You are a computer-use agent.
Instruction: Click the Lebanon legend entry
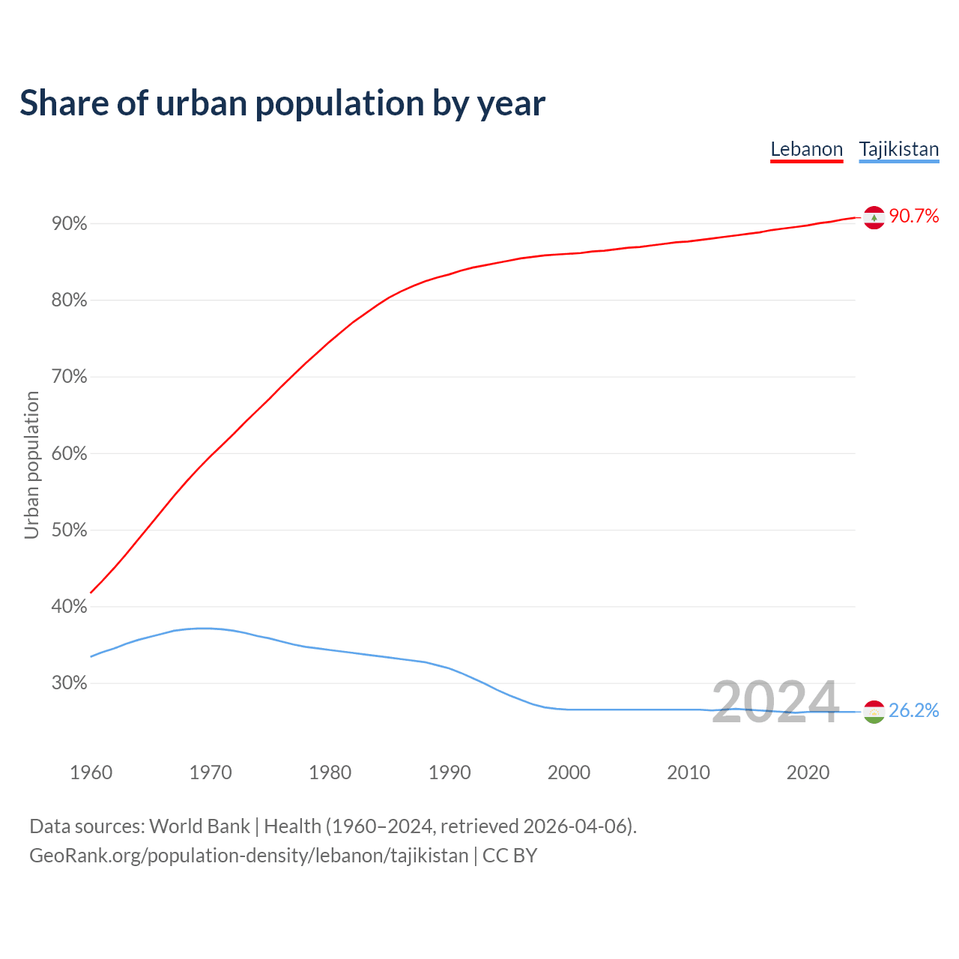coord(806,149)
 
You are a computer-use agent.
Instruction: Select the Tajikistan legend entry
coord(898,149)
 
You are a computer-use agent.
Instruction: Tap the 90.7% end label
coord(913,217)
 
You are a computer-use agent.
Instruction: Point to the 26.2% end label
coord(913,710)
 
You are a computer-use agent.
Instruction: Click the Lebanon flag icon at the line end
coord(874,217)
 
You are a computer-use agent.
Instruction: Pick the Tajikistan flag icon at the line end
coord(874,712)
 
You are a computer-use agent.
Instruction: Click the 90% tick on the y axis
coord(70,224)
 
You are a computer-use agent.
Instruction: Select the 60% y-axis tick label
coord(70,454)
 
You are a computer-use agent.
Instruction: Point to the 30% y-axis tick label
coord(70,683)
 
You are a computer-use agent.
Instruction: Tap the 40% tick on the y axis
coord(70,607)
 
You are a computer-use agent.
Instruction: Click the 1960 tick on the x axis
coord(91,772)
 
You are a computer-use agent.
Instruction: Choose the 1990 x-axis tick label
coord(450,772)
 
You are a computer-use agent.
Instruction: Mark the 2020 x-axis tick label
coord(808,772)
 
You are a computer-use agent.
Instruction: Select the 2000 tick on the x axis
coord(569,772)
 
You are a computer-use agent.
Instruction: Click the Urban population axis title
coord(31,465)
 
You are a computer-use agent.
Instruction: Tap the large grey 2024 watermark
coord(775,702)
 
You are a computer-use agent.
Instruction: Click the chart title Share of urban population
coord(282,103)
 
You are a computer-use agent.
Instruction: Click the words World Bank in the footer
coord(199,826)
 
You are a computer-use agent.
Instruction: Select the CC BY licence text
coord(509,855)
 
